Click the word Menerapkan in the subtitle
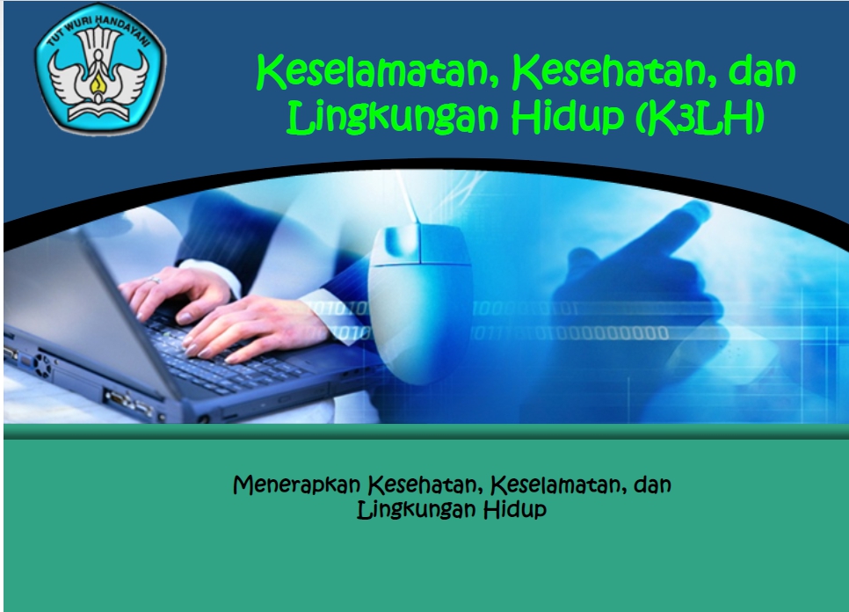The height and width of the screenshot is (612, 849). pyautogui.click(x=297, y=484)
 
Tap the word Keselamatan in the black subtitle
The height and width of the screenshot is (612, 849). pyautogui.click(x=557, y=484)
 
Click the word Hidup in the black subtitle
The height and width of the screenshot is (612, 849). pyautogui.click(x=515, y=509)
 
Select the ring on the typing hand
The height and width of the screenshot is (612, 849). pyautogui.click(x=155, y=280)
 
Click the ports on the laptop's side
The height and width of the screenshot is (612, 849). pyautogui.click(x=123, y=401)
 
